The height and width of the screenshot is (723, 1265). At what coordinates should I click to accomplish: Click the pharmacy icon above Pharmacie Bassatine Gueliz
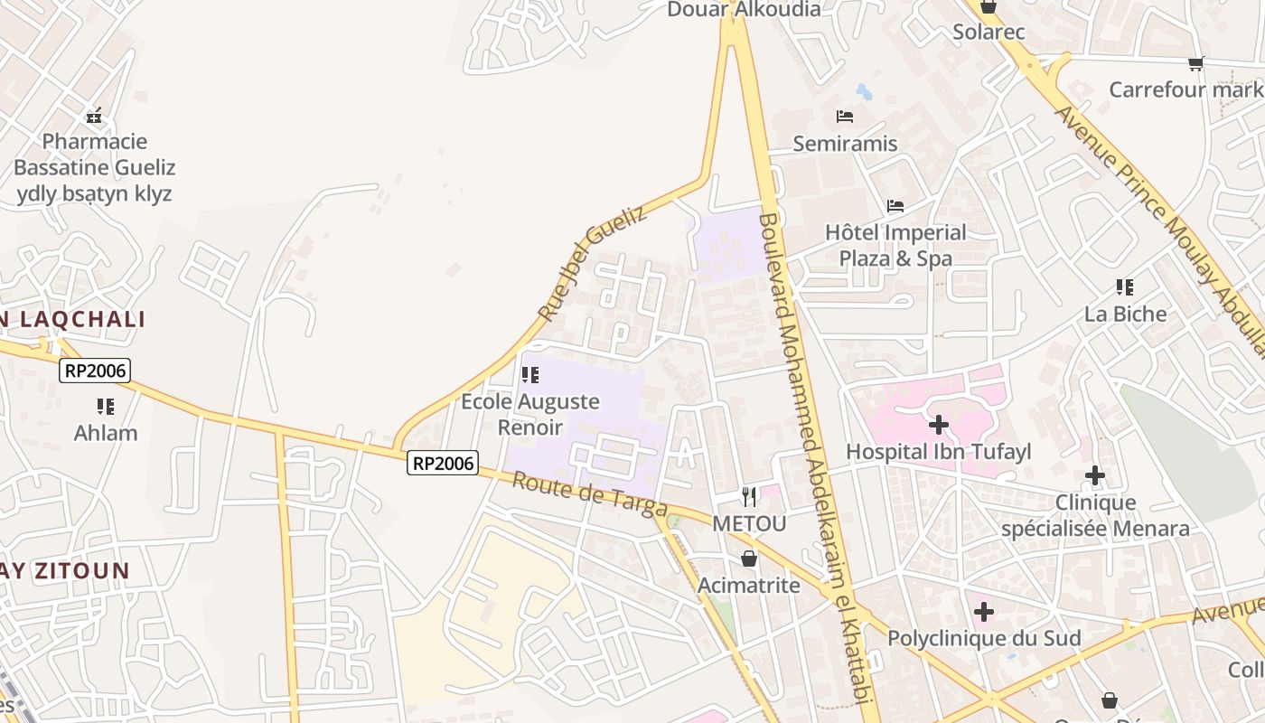tap(94, 116)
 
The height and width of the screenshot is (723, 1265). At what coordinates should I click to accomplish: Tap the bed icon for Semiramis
tap(845, 117)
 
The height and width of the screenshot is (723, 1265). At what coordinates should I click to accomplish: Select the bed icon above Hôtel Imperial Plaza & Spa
tap(895, 206)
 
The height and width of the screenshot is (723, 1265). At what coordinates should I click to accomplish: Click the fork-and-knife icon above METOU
tap(749, 496)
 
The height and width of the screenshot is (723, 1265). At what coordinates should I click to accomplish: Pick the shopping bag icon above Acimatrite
tap(748, 559)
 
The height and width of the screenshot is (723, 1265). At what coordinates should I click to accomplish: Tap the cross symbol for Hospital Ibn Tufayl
tap(939, 424)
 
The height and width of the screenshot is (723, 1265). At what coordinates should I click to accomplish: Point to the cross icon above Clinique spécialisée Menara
tap(1095, 475)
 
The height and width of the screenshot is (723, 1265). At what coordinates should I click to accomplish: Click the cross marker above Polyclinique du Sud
tap(984, 612)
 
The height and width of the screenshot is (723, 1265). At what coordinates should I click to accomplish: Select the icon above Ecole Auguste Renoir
tap(530, 374)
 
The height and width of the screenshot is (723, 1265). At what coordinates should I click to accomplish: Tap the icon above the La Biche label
tap(1125, 287)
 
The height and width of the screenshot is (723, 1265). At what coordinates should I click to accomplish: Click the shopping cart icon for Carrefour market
tap(1196, 63)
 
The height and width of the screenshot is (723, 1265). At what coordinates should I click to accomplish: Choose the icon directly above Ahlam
tap(106, 407)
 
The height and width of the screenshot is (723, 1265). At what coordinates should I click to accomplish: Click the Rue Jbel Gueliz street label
tap(593, 263)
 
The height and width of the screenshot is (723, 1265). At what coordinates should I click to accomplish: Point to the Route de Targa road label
tap(589, 495)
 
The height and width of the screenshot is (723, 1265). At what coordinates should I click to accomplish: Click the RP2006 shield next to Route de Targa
tap(442, 463)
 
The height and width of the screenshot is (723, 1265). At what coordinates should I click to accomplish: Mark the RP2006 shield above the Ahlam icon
tap(95, 370)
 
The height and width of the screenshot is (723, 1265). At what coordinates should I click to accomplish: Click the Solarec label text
tap(989, 33)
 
